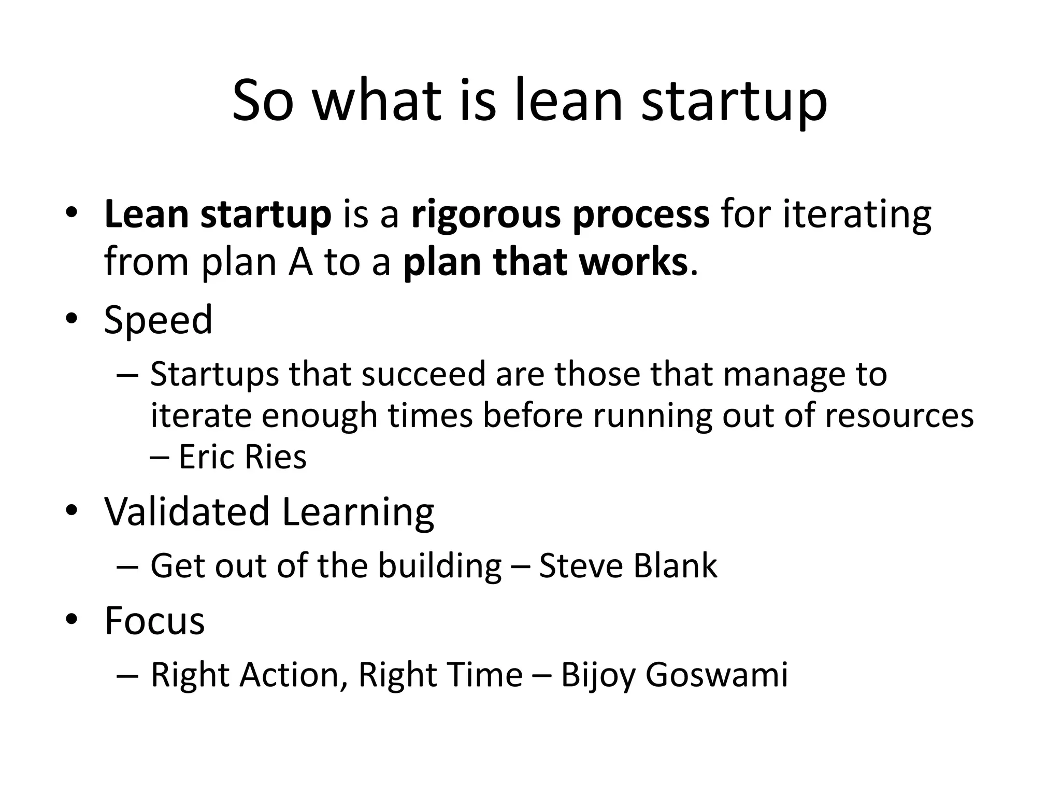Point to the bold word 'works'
click(633, 262)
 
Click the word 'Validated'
click(187, 512)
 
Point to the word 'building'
click(440, 566)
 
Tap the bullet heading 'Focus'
click(154, 621)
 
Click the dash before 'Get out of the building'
click(127, 566)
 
